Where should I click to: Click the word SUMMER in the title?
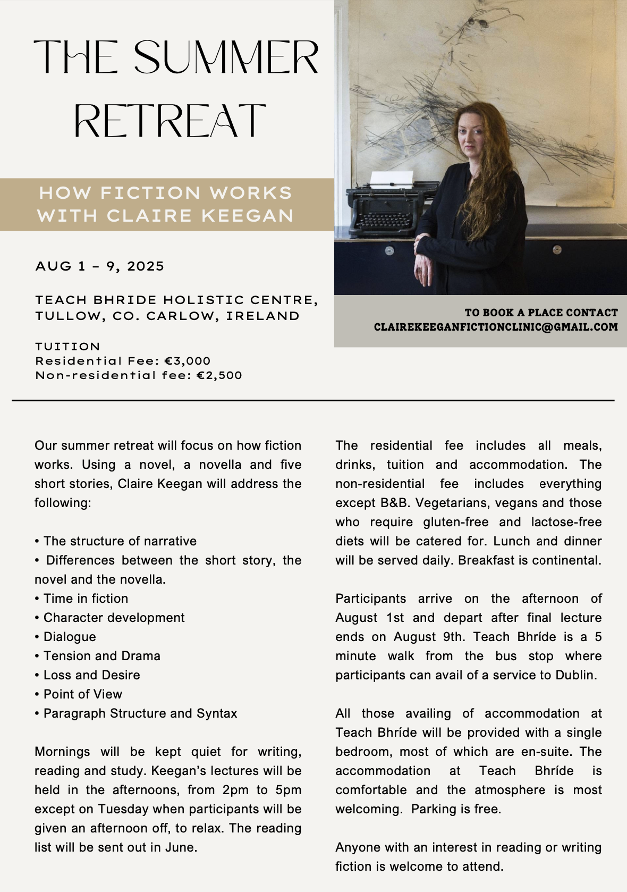point(226,57)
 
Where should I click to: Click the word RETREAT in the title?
point(170,121)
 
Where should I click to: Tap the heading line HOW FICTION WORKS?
point(166,192)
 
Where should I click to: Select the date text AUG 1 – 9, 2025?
point(100,266)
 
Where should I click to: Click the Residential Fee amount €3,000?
point(188,361)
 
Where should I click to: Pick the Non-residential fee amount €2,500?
point(219,375)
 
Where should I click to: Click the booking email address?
point(496,327)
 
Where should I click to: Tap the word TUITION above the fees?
point(67,347)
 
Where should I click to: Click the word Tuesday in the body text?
point(123,809)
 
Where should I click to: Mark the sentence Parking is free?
point(456,809)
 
